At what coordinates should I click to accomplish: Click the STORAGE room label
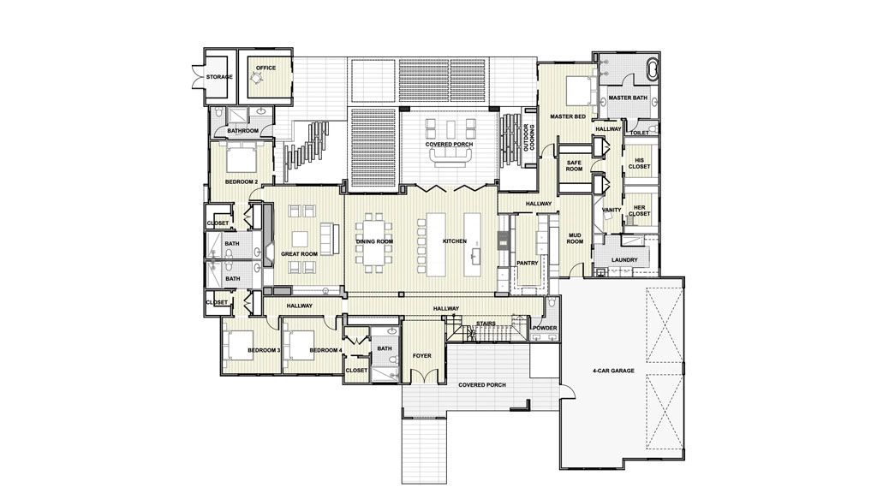[219, 77]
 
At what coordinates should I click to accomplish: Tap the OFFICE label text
[265, 68]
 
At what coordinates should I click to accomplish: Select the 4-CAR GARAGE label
[613, 371]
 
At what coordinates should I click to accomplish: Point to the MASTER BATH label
[628, 98]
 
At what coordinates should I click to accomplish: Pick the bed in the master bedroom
[579, 91]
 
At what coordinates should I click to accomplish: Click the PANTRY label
[528, 263]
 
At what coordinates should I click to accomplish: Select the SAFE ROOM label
[575, 166]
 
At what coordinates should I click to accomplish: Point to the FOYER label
[421, 355]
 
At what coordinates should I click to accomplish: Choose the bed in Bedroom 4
[299, 346]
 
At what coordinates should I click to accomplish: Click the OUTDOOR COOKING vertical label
[528, 138]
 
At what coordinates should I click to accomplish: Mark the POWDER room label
[544, 328]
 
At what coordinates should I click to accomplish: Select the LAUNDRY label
[624, 260]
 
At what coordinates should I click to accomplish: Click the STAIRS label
[486, 324]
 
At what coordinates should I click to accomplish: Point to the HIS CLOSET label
[639, 163]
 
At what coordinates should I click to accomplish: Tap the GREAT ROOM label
[299, 253]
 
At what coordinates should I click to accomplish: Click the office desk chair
[257, 79]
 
